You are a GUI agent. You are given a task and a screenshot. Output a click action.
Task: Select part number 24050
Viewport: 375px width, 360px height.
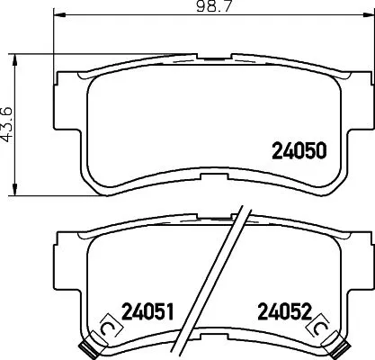(x=297, y=151)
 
